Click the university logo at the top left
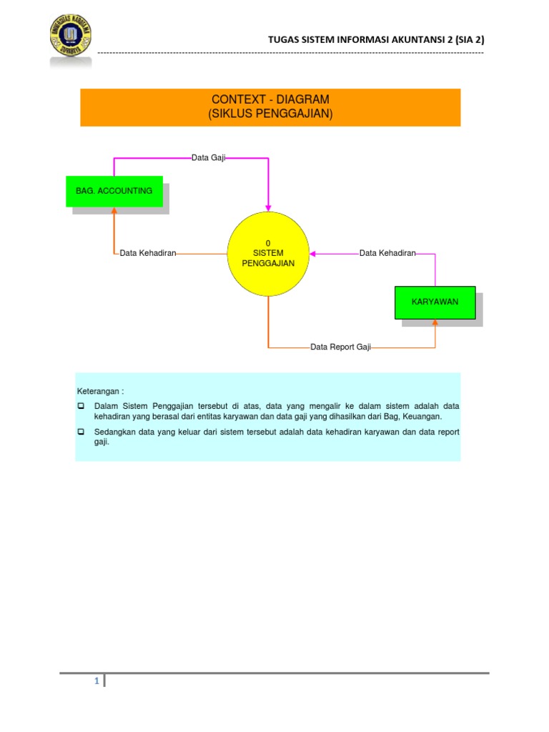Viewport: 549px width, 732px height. (70, 39)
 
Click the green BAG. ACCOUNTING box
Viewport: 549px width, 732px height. (114, 191)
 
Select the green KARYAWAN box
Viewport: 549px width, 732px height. (435, 302)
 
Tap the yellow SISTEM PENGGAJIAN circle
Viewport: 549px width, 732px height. (268, 254)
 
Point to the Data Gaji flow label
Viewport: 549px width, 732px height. (209, 157)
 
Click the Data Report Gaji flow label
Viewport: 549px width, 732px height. (341, 347)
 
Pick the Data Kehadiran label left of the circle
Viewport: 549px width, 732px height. (148, 253)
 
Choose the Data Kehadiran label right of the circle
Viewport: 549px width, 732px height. (387, 253)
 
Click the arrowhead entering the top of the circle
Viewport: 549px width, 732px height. (268, 207)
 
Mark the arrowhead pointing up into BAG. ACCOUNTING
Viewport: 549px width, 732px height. (114, 212)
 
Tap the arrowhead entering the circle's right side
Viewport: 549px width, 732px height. (314, 253)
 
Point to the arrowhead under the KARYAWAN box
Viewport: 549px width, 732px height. (435, 323)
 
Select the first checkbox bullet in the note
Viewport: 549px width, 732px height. (81, 406)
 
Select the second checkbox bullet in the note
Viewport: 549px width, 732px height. (81, 432)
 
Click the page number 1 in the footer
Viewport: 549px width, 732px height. (96, 681)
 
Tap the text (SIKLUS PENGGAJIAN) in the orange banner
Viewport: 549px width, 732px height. (270, 114)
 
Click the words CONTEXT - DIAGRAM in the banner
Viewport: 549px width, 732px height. (270, 99)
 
